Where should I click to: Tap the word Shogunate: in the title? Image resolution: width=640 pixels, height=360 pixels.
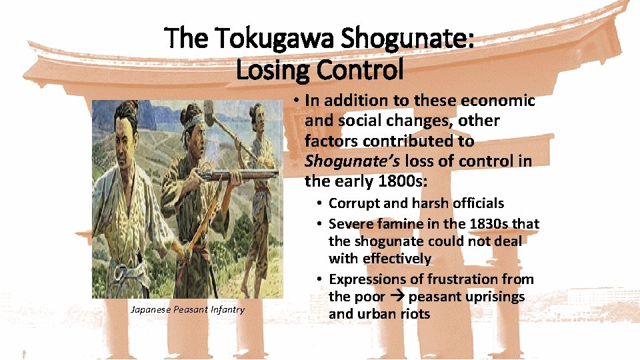click(407, 38)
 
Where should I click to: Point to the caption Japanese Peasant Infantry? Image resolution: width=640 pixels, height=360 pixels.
click(187, 309)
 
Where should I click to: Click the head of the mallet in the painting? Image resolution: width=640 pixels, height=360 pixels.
click(208, 108)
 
